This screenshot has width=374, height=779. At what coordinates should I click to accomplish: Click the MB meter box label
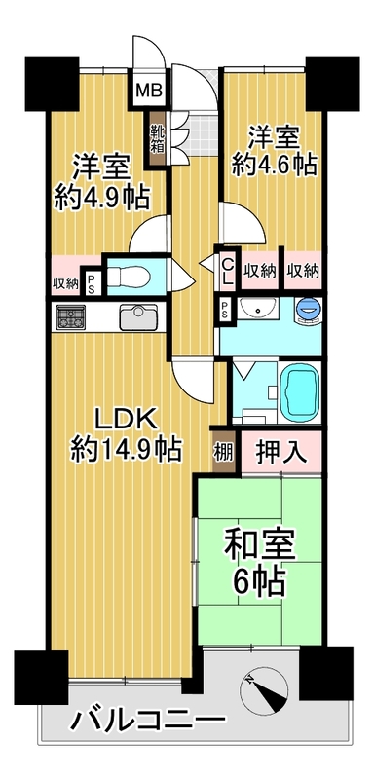(146, 91)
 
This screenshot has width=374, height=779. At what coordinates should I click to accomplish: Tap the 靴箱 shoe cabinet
(157, 138)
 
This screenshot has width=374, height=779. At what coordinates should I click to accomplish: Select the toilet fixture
(129, 277)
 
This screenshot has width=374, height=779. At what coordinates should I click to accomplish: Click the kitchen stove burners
(70, 317)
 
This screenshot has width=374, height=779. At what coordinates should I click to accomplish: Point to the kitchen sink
(138, 317)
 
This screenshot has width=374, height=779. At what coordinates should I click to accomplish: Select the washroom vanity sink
(258, 310)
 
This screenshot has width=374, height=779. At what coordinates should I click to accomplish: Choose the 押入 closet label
(281, 453)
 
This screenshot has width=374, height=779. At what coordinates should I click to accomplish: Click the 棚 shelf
(223, 452)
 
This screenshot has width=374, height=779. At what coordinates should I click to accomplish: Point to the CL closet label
(228, 273)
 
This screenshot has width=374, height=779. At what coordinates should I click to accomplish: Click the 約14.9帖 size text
(127, 450)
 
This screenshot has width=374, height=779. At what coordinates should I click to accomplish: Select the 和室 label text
(260, 545)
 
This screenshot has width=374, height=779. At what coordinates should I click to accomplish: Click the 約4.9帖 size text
(102, 198)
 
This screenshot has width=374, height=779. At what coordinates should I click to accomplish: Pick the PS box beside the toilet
(92, 282)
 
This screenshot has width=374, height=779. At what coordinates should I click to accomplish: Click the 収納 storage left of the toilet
(66, 283)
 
